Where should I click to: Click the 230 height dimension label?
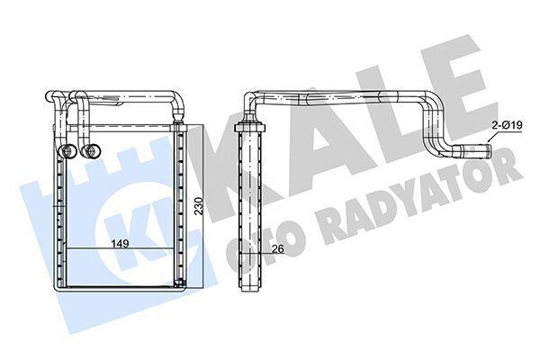click(199, 206)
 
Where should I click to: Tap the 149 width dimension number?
click(120, 243)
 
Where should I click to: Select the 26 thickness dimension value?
click(277, 248)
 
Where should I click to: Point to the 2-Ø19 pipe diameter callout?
click(507, 125)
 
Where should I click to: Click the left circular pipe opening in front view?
click(68, 151)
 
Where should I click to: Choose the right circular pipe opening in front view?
click(91, 151)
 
